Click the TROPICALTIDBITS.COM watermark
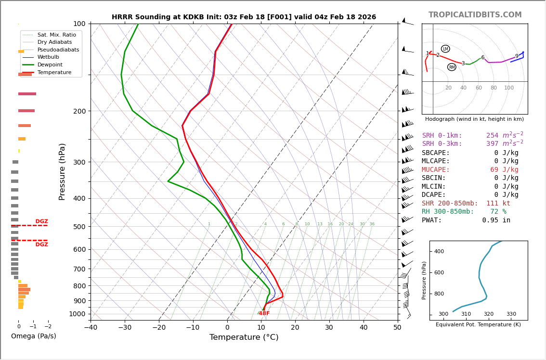(x=475, y=15)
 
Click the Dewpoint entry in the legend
(x=50, y=64)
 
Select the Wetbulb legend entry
(x=48, y=57)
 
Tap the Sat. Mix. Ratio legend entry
(x=56, y=35)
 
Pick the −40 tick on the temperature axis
(x=91, y=328)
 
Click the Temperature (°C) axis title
(x=244, y=338)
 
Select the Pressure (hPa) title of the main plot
(x=62, y=171)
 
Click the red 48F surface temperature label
(x=264, y=314)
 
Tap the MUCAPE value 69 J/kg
(x=504, y=170)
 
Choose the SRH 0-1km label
(x=442, y=136)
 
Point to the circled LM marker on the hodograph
(x=445, y=49)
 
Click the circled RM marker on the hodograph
(x=452, y=67)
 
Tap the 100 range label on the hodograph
(x=509, y=88)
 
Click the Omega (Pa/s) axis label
(x=33, y=336)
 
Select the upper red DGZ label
(x=41, y=222)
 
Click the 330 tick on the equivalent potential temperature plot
(x=511, y=314)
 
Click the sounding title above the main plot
(x=244, y=17)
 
